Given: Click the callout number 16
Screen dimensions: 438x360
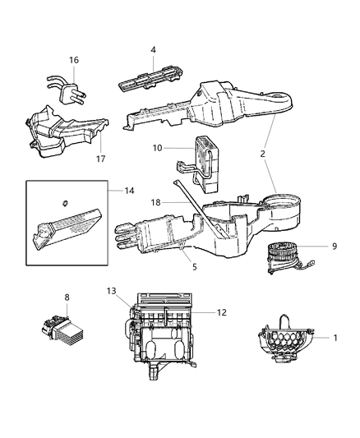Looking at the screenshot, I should coord(73,60).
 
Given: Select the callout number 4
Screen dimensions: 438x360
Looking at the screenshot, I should coord(153,50).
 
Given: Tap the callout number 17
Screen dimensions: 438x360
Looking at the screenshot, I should coord(102,159).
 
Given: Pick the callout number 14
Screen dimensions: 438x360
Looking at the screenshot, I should coord(129,191).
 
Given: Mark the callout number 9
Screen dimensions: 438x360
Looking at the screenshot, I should coord(335,245).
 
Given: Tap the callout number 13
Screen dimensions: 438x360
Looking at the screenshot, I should coord(113,292).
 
